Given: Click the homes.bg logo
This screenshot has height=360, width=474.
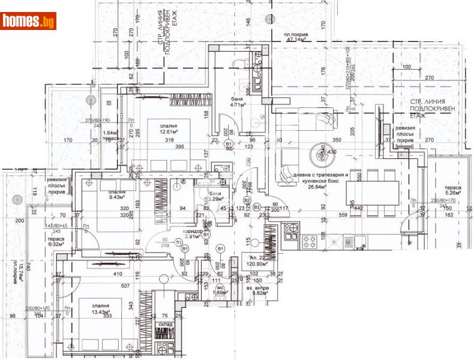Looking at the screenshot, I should tap(29, 21).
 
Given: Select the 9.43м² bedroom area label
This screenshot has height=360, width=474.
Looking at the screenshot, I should tap(113, 195).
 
